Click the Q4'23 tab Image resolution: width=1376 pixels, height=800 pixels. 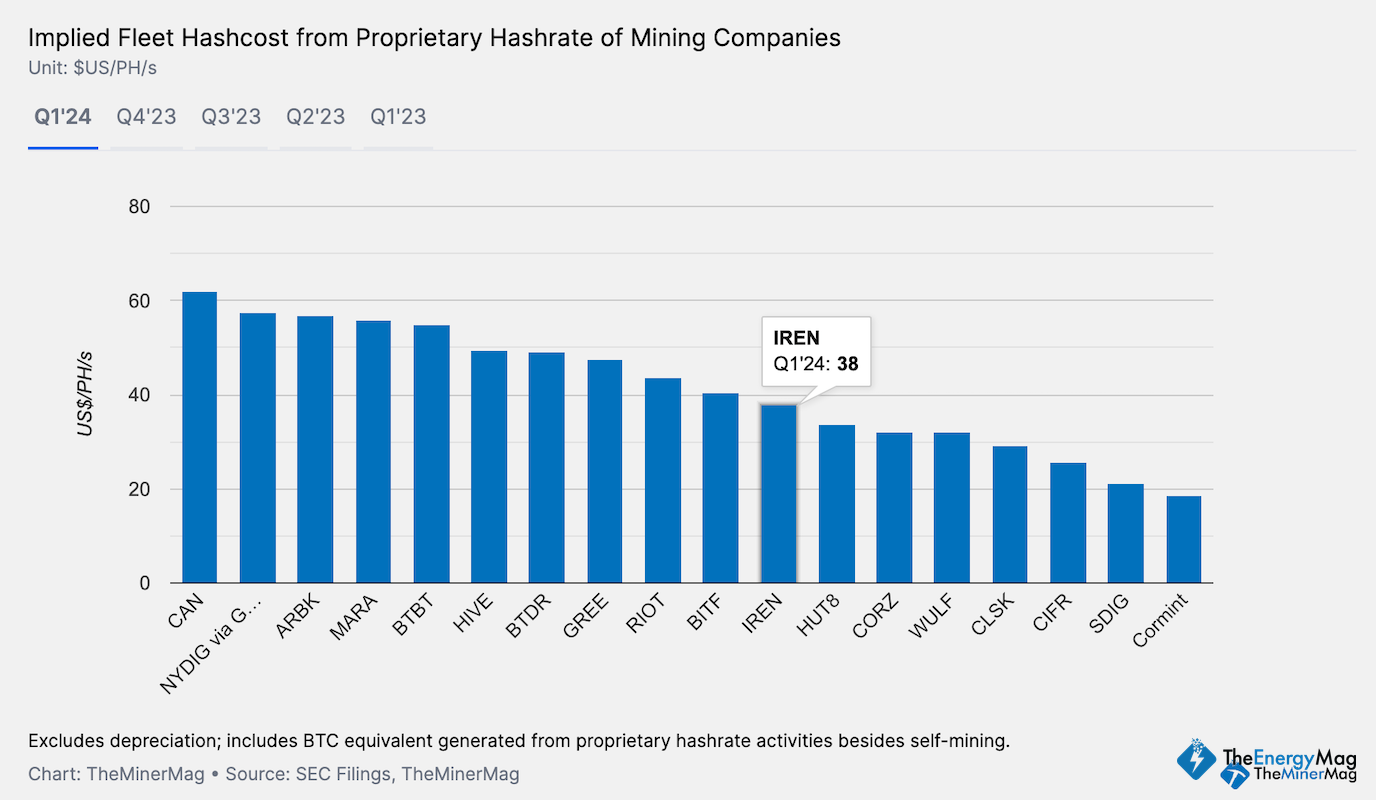[146, 117]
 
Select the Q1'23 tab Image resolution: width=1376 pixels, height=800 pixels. [398, 117]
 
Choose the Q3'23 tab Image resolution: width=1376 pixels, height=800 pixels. [231, 117]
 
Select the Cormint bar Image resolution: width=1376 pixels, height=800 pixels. [1183, 540]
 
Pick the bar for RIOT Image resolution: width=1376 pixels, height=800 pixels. [663, 481]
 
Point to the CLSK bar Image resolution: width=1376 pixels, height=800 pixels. [1010, 515]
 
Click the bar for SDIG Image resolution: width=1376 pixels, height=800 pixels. [1125, 534]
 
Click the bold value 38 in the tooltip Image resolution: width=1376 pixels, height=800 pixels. [847, 365]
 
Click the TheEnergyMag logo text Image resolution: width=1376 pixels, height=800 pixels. [1289, 755]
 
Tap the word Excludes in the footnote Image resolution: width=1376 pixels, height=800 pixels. [63, 741]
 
